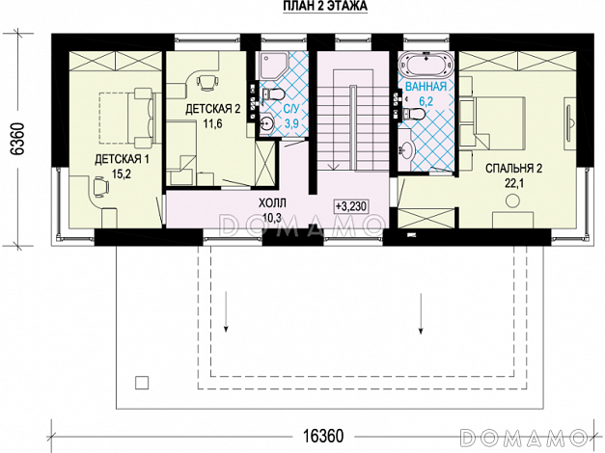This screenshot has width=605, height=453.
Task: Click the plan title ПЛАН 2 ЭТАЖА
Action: [x=325, y=7]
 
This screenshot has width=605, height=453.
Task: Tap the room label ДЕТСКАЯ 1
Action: [x=122, y=159]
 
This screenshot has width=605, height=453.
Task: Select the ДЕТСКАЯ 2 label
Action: [x=212, y=109]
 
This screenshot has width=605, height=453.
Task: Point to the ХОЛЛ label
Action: [x=272, y=202]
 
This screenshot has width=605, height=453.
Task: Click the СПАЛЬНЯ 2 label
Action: [x=513, y=169]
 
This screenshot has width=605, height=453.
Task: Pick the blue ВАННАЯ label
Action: [x=426, y=87]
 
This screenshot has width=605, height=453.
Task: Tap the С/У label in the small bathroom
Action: [x=291, y=109]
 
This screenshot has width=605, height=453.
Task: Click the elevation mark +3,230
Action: [x=350, y=206]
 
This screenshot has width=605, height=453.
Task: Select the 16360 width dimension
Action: [x=323, y=436]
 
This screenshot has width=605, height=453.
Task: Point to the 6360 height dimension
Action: [x=18, y=139]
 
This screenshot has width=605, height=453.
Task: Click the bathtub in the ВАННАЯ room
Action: [x=426, y=65]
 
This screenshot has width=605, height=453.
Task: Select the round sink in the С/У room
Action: [x=266, y=123]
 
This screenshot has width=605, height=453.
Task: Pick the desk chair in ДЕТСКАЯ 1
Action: [x=100, y=187]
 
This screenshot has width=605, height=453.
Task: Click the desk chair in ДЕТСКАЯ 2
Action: [x=207, y=81]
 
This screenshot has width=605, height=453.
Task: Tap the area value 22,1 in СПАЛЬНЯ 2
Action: [x=513, y=183]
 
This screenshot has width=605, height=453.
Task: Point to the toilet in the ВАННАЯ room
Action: [x=412, y=114]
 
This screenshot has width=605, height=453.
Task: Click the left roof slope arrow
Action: [x=226, y=310]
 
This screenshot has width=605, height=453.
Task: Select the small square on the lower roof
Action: [x=142, y=383]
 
